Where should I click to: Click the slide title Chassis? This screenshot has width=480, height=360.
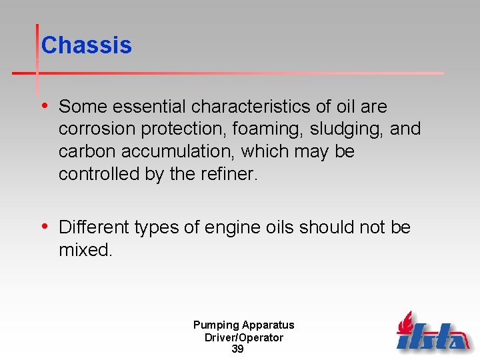click(x=86, y=45)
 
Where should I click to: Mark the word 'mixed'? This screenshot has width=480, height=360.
click(x=85, y=250)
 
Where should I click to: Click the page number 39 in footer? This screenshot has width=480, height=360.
click(x=237, y=349)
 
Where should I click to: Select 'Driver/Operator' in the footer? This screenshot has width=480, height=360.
click(x=244, y=337)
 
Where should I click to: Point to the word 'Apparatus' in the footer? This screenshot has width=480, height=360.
click(x=268, y=325)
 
